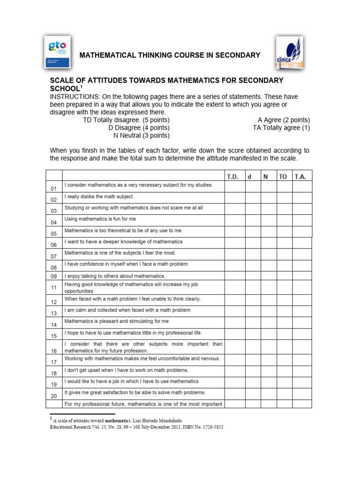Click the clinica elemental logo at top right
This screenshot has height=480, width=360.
289,54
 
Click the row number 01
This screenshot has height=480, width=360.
53,188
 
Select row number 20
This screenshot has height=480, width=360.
53,396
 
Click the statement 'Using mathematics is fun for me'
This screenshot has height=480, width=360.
100,219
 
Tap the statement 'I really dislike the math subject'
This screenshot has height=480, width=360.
98,196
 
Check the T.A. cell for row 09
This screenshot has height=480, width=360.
301,276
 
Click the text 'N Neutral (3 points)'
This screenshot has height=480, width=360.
142,136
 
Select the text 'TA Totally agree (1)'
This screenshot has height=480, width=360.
281,127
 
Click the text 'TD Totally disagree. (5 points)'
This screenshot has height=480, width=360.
126,120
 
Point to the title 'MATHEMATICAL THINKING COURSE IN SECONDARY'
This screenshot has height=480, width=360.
170,55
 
